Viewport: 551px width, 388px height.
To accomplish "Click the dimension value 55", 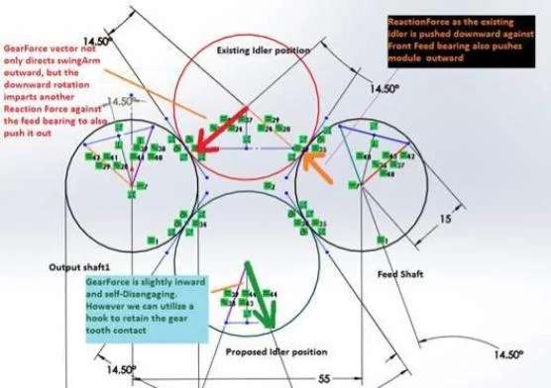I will click(324, 377).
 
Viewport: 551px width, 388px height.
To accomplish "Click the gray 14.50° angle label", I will click(121, 102).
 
